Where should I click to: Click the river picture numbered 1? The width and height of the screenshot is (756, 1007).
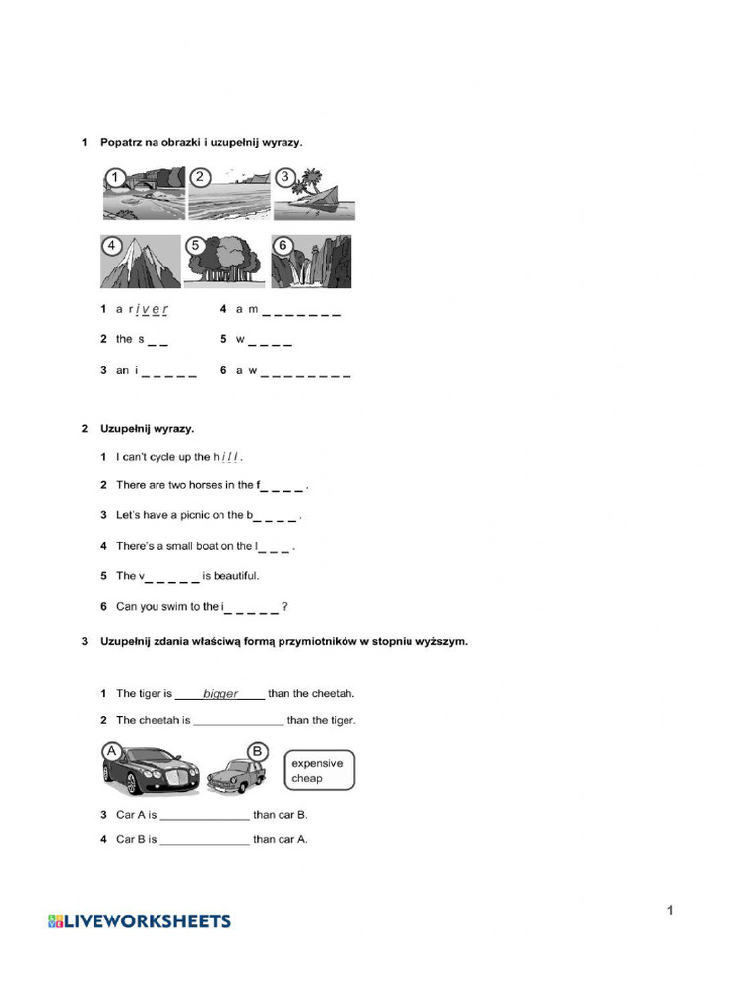pos(143,193)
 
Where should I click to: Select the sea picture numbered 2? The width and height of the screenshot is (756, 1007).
pos(227,193)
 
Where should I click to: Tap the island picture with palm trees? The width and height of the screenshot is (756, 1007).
pos(313,193)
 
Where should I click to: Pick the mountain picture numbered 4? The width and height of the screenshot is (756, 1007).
pos(141,262)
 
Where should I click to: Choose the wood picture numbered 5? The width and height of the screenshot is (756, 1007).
pos(225,262)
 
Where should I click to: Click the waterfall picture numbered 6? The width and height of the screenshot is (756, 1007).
pos(311,262)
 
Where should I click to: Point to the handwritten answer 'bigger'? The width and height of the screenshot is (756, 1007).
pos(220,694)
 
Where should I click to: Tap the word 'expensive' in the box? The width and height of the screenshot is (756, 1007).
pos(317,763)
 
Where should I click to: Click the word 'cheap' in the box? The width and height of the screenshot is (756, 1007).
pos(307,779)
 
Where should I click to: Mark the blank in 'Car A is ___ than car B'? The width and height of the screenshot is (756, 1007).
pos(205,815)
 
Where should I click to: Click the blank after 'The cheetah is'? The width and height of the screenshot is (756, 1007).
pos(238,721)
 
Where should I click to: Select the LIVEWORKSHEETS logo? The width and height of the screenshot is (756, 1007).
pos(140,921)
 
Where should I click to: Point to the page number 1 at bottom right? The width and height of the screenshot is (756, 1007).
pos(670,910)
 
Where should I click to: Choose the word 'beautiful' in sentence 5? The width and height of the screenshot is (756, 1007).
pos(236,576)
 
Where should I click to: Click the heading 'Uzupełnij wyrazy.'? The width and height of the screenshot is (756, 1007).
pos(148,429)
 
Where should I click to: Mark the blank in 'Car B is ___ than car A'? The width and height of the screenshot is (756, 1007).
pos(205,840)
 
